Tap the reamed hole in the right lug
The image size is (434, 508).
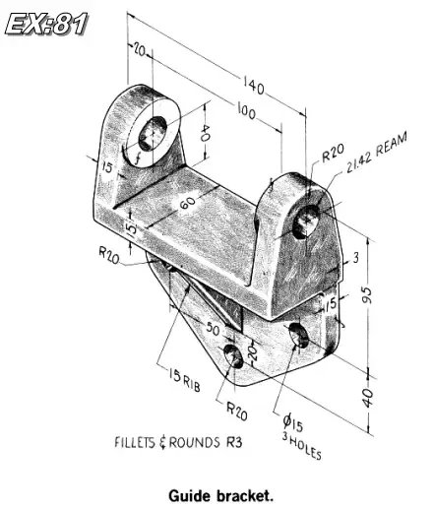(308, 219)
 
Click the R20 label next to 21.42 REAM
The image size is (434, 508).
(332, 155)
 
